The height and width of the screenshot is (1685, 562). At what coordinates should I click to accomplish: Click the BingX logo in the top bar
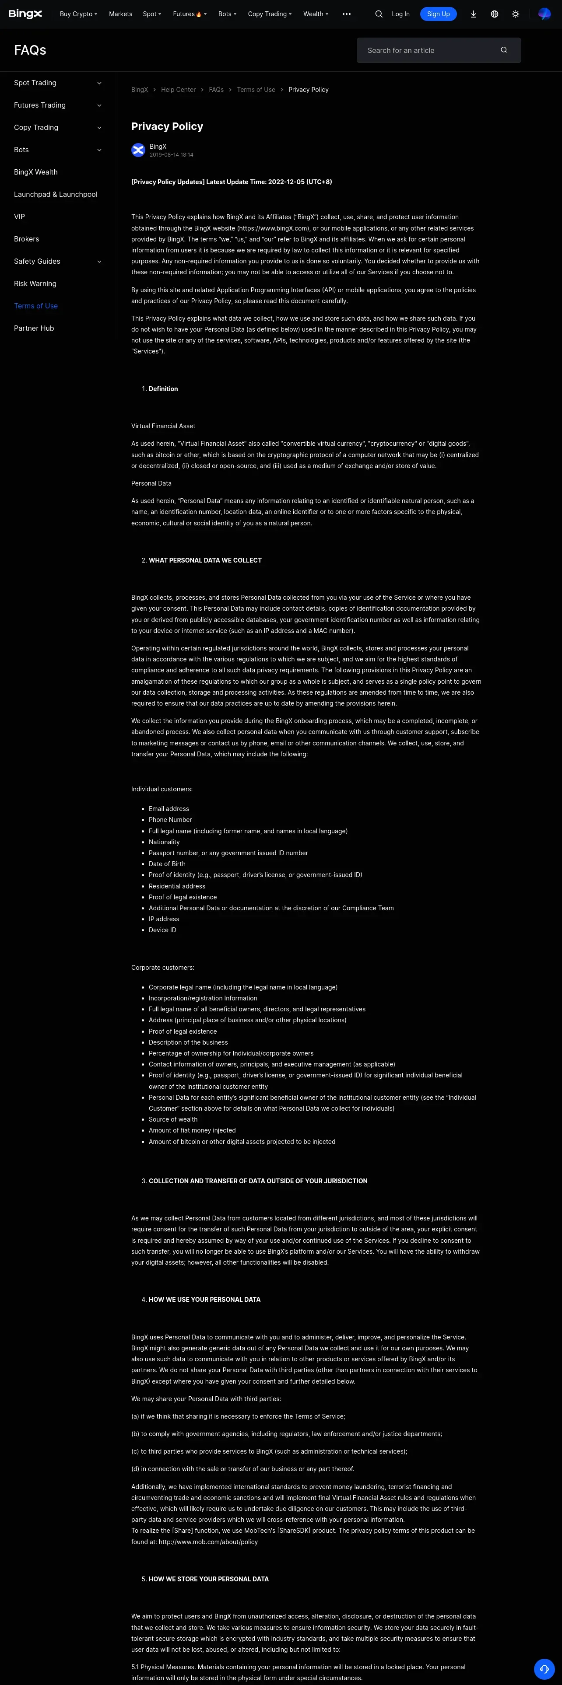coord(25,14)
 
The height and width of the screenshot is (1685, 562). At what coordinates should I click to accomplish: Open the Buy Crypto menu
coord(78,14)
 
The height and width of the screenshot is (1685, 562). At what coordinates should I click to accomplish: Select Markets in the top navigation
coord(120,14)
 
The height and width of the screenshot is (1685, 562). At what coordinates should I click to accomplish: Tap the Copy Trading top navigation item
coord(269,14)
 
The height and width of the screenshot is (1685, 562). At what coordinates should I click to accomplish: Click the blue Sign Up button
coord(438,14)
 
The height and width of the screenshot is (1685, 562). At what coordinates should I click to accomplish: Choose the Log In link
coord(400,14)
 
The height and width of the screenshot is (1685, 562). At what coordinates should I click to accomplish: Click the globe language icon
coord(495,14)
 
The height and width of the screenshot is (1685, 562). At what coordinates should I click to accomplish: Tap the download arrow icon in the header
coord(473,14)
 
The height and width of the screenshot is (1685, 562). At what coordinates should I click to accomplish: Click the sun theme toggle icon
coord(516,14)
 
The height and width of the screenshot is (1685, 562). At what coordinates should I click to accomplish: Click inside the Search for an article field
coord(429,50)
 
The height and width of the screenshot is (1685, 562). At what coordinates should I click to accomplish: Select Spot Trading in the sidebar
coord(35,83)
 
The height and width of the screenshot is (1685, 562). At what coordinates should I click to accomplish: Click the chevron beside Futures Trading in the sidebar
coord(99,105)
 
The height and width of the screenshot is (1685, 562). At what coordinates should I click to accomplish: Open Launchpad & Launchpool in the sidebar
coord(56,194)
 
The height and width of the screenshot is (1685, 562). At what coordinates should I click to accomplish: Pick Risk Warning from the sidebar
coord(35,283)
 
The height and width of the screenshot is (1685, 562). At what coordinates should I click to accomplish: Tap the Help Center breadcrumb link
coord(178,90)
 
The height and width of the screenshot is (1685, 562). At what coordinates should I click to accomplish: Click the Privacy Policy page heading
coord(167,126)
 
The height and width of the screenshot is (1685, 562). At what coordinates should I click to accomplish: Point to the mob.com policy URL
coord(208,1542)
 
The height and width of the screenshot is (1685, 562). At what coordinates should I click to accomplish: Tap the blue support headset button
coord(544,1669)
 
